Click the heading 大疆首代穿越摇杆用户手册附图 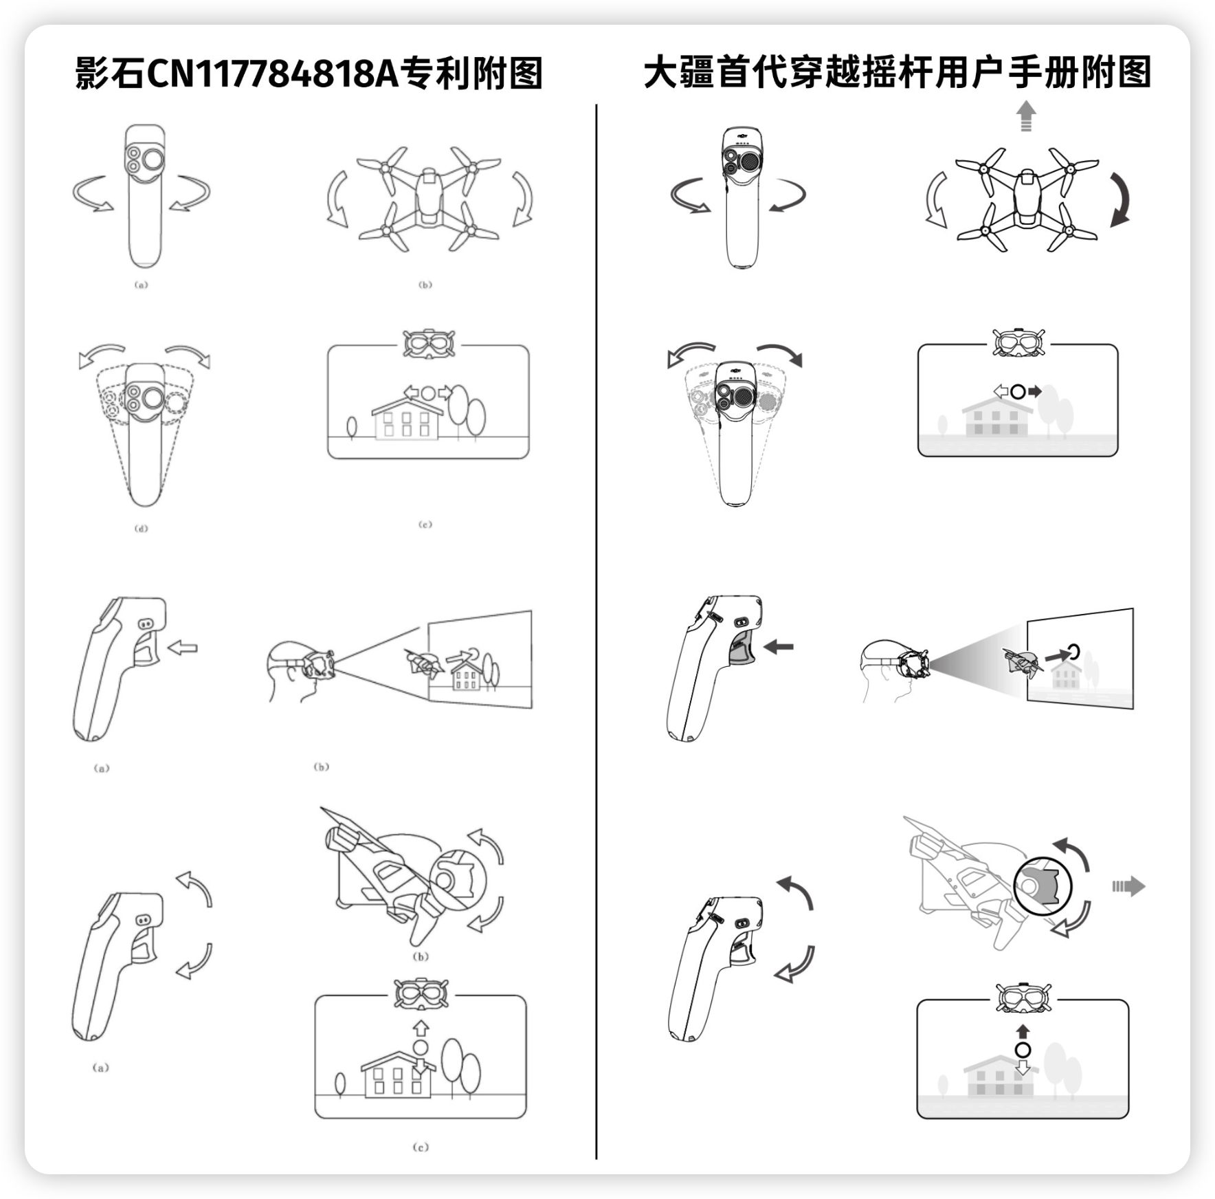[x=898, y=73]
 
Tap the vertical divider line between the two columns [x=597, y=619]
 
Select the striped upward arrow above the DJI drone [x=1026, y=115]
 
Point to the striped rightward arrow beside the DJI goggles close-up [x=1129, y=886]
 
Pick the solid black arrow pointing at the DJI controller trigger [x=779, y=646]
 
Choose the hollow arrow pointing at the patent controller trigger [x=182, y=647]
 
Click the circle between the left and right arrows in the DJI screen [x=1018, y=392]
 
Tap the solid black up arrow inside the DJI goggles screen [x=1023, y=1031]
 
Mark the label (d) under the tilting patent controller [x=141, y=528]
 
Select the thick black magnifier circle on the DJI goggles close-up [x=1043, y=885]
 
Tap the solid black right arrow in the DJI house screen [x=1034, y=392]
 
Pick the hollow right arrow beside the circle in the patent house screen [x=445, y=393]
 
